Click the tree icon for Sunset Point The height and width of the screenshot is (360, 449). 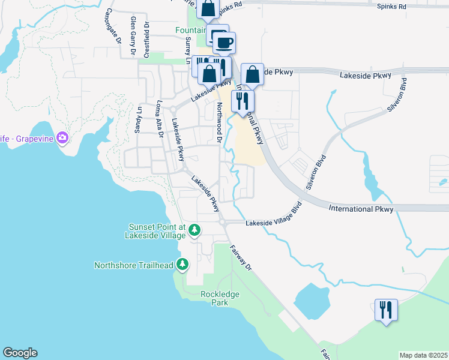coord(194,230)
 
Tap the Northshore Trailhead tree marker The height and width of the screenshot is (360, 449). coord(183,265)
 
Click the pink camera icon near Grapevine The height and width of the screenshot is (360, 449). coord(62,139)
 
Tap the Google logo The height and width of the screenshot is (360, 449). coord(20,353)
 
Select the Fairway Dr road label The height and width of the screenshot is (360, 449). coord(241,259)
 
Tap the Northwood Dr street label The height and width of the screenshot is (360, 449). coord(220,122)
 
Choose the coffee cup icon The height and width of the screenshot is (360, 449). coord(224,43)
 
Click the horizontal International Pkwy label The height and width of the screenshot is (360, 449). coord(360,209)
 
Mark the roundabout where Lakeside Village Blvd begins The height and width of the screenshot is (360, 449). coord(223,222)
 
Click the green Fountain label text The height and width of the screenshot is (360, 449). coord(191,30)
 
